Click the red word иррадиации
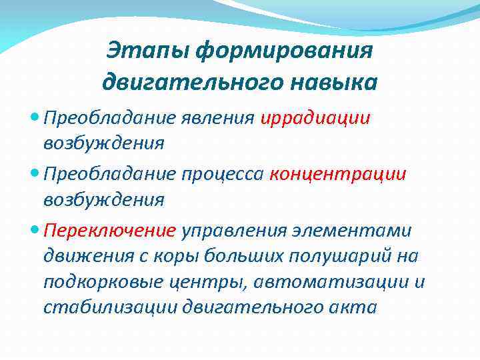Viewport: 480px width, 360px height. coord(315,119)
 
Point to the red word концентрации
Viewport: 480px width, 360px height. coord(337,174)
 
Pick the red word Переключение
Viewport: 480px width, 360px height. coord(109,230)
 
